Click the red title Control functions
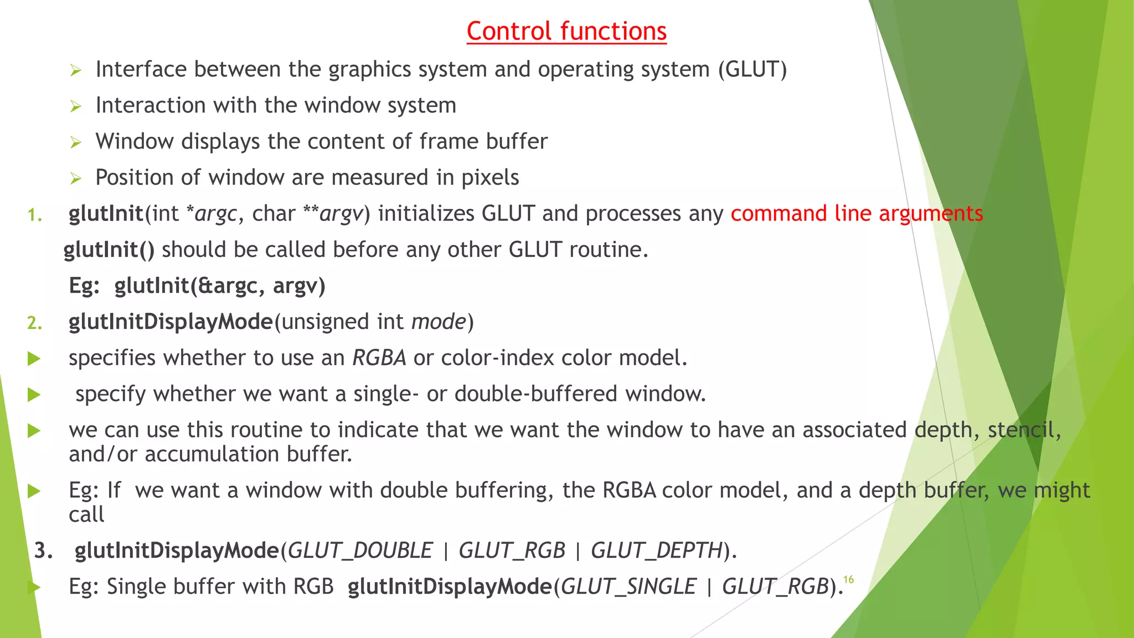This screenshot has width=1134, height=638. pyautogui.click(x=566, y=31)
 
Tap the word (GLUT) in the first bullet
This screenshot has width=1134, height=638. pyautogui.click(x=752, y=70)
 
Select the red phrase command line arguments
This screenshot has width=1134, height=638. pyautogui.click(x=857, y=214)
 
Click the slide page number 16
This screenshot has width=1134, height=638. pyautogui.click(x=848, y=579)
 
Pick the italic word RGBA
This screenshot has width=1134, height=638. pyautogui.click(x=379, y=358)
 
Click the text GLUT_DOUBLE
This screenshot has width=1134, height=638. pyautogui.click(x=360, y=550)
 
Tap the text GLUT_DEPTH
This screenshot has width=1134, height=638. pyautogui.click(x=657, y=550)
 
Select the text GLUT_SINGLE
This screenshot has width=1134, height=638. pyautogui.click(x=628, y=586)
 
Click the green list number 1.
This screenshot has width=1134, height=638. pyautogui.click(x=34, y=215)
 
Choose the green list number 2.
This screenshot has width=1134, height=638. pyautogui.click(x=34, y=323)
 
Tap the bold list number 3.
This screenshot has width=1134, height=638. pyautogui.click(x=43, y=550)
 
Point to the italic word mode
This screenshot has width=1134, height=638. pyautogui.click(x=439, y=322)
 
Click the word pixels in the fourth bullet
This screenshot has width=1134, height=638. pyautogui.click(x=490, y=178)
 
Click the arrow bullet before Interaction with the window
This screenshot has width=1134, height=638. pyautogui.click(x=76, y=106)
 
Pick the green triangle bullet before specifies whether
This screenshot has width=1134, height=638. pyautogui.click(x=34, y=359)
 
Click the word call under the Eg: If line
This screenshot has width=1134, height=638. pyautogui.click(x=86, y=514)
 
